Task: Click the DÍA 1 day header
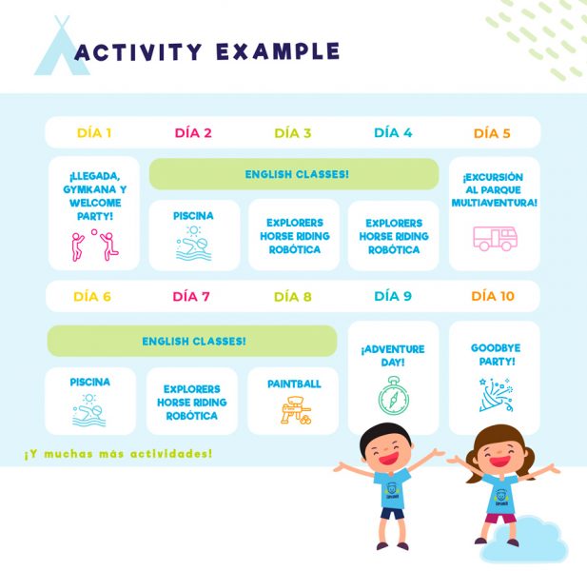pos(94,133)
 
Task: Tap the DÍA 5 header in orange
pos(492,133)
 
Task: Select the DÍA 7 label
pos(191,297)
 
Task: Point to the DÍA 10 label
pos(493,296)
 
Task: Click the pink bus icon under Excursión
pos(495,238)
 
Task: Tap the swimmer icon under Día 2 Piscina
pos(193,243)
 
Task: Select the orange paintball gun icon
pos(296,410)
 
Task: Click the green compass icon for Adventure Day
pos(393,396)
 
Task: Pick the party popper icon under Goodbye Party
pos(496,395)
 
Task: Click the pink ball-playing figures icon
pos(95,246)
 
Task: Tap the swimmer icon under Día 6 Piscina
pos(89,410)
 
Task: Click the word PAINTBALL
pos(294,384)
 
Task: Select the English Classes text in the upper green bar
pos(297,174)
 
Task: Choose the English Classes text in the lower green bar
pos(194,341)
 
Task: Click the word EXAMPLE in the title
pos(278,51)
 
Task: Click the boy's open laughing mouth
pos(388,458)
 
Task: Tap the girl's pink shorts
pos(500,519)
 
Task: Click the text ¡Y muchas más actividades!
pos(118,454)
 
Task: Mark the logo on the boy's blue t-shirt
pos(392,490)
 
